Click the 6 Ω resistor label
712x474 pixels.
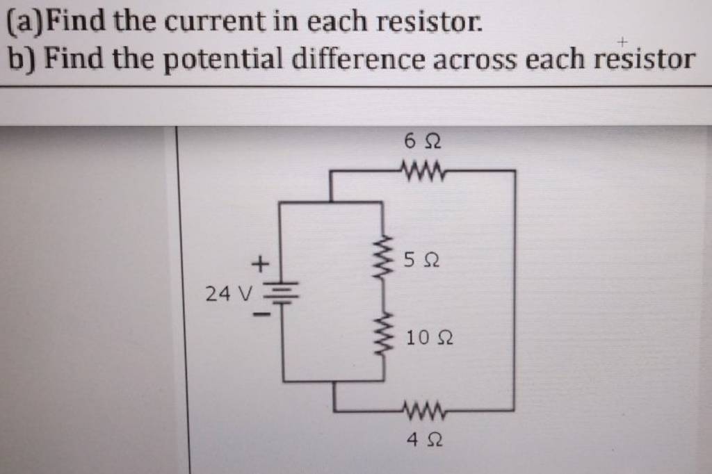tap(422, 142)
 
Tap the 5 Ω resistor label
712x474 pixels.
tap(421, 261)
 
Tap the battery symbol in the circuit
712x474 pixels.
tap(282, 293)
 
